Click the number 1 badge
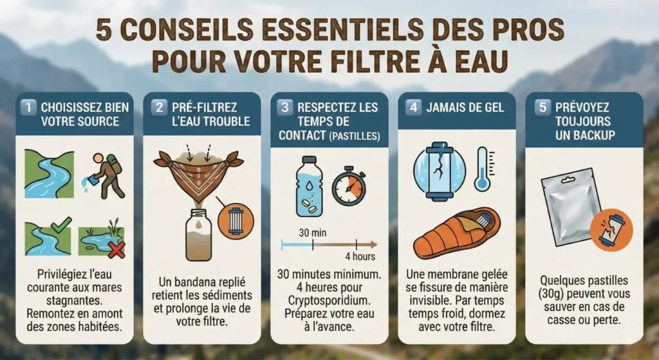pyautogui.click(x=28, y=107)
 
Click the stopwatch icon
pyautogui.click(x=349, y=187)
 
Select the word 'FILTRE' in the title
pyautogui.click(x=390, y=60)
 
